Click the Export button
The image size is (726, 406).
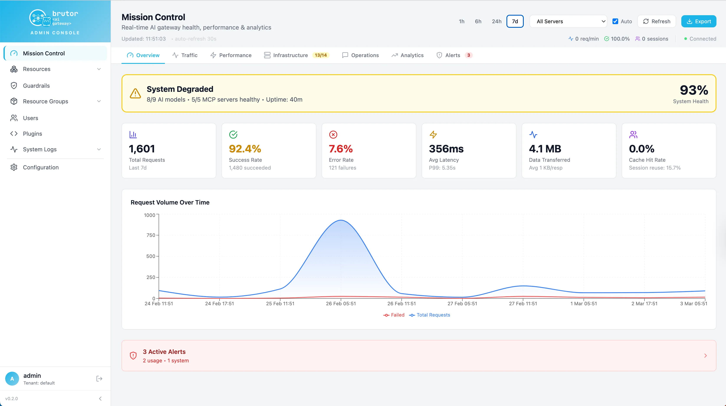click(x=698, y=21)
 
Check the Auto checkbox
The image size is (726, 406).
click(x=615, y=21)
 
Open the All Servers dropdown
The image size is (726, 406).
click(x=568, y=21)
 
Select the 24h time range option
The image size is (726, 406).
click(x=497, y=21)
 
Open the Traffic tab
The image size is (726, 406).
click(x=185, y=55)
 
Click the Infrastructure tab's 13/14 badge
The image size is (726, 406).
click(x=321, y=55)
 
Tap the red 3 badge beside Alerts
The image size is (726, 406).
click(x=469, y=55)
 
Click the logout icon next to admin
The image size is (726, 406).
click(x=99, y=379)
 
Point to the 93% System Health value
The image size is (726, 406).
click(x=694, y=90)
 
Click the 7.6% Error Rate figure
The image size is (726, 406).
click(x=341, y=149)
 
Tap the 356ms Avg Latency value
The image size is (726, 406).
click(x=446, y=149)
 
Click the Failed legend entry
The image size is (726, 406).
click(x=394, y=315)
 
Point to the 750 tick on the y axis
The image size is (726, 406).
click(x=151, y=235)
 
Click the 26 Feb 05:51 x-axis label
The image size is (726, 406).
click(x=341, y=304)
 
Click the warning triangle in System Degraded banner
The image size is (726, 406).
click(x=135, y=93)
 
